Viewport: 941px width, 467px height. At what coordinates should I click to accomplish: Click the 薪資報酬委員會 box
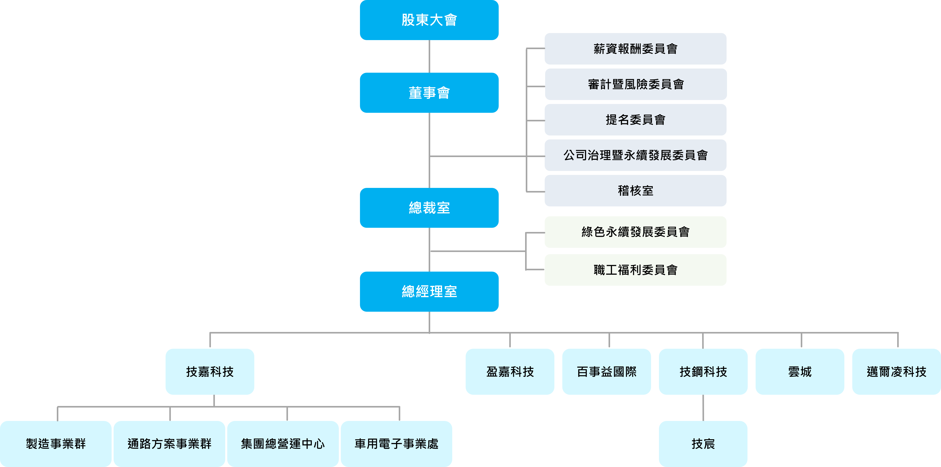[x=635, y=49]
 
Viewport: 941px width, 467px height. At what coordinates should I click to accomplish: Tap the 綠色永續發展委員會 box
[x=635, y=232]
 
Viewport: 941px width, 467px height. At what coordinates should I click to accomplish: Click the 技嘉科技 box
[x=210, y=372]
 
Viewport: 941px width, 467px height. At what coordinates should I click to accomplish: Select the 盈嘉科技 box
[x=510, y=372]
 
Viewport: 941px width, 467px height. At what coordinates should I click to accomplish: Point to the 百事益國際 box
[x=606, y=372]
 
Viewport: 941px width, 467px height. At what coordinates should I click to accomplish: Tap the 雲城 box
[x=800, y=372]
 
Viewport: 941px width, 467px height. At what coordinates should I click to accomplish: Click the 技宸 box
[x=703, y=444]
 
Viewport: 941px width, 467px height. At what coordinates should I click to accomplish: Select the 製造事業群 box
[x=55, y=444]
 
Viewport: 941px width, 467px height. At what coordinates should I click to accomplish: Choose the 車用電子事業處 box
[x=396, y=444]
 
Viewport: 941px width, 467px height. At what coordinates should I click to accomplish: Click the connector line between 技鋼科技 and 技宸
[x=703, y=408]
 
